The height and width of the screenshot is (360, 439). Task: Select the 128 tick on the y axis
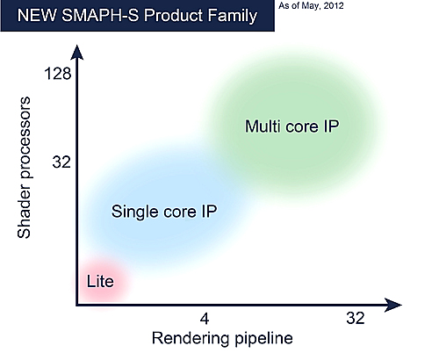click(x=56, y=76)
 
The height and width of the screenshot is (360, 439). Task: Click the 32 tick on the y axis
click(x=60, y=162)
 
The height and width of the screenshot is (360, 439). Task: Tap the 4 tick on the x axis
click(x=205, y=318)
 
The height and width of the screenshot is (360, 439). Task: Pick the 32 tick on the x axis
click(x=354, y=318)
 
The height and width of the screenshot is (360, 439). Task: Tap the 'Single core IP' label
click(x=164, y=211)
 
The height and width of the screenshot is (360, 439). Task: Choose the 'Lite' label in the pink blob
click(x=100, y=281)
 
